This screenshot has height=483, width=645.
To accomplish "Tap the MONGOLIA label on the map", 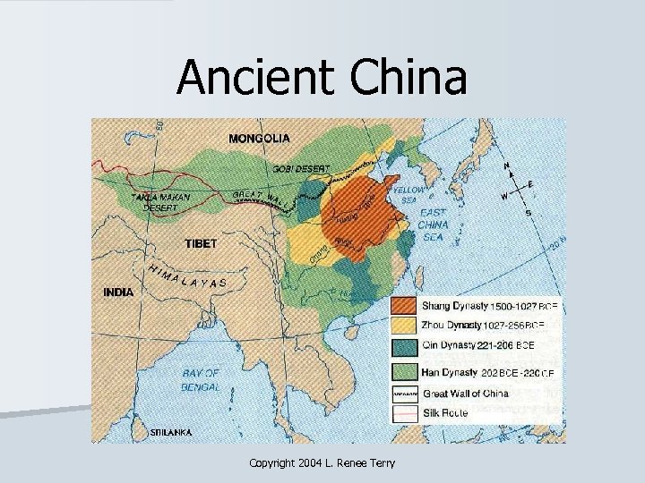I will click(259, 139).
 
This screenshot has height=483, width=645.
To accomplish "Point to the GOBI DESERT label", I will click(301, 168).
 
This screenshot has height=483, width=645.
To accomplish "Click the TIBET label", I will click(201, 243).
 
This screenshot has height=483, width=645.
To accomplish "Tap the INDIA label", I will click(118, 292).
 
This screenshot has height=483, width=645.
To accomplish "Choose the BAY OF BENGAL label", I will click(201, 379).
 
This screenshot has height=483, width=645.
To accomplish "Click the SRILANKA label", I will click(170, 431).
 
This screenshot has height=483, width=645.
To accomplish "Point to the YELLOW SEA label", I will click(411, 194).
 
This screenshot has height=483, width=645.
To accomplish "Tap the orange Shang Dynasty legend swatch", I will click(404, 306).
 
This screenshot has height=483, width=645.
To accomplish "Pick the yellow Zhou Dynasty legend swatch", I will click(404, 326).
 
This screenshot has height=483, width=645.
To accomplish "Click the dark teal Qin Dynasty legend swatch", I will click(404, 345).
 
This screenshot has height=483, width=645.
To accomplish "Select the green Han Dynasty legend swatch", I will click(404, 370).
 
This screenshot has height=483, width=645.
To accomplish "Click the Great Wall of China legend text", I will click(464, 394).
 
